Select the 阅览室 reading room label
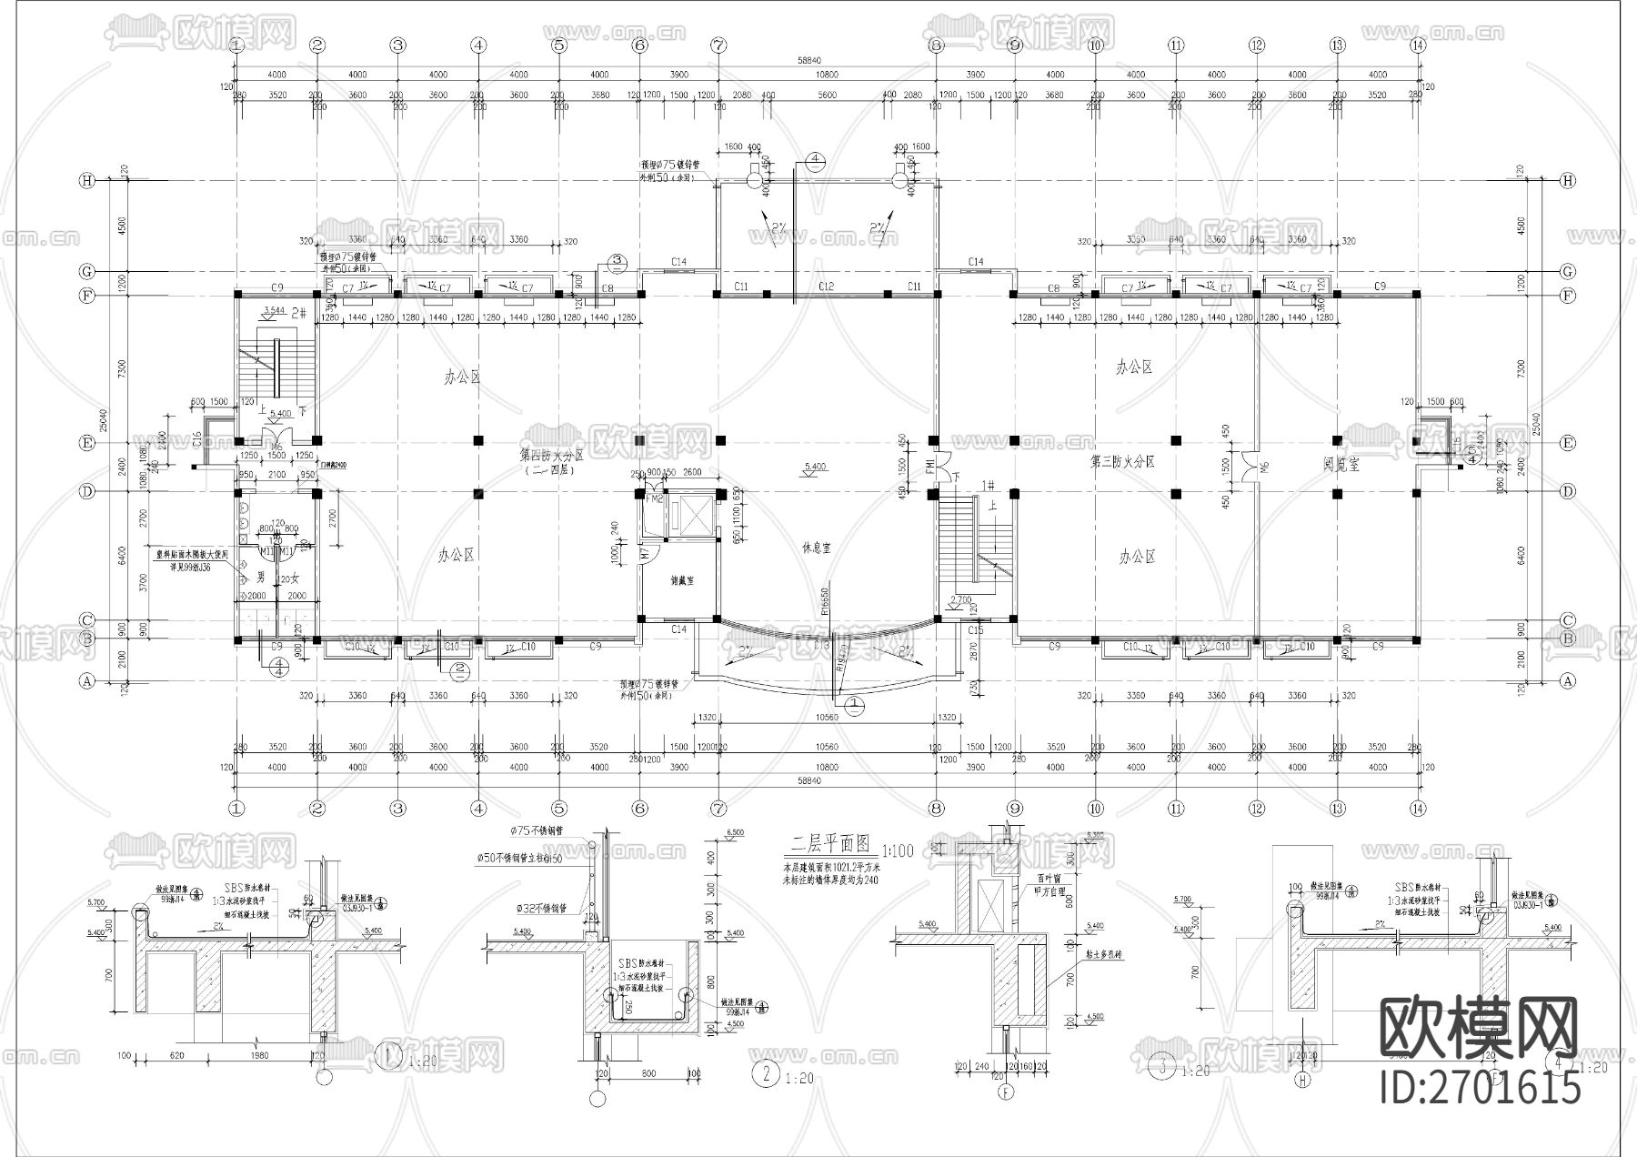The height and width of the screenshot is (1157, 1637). click(x=1341, y=464)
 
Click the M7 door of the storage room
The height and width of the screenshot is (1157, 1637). click(x=644, y=552)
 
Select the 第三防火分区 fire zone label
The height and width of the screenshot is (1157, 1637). click(x=1122, y=462)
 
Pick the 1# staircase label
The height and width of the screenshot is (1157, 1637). click(x=987, y=487)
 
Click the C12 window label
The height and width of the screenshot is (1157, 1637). click(x=826, y=287)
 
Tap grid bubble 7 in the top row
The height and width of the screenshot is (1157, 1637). click(x=718, y=45)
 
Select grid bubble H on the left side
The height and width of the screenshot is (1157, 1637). click(x=87, y=181)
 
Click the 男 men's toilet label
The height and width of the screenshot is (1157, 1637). click(x=261, y=577)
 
